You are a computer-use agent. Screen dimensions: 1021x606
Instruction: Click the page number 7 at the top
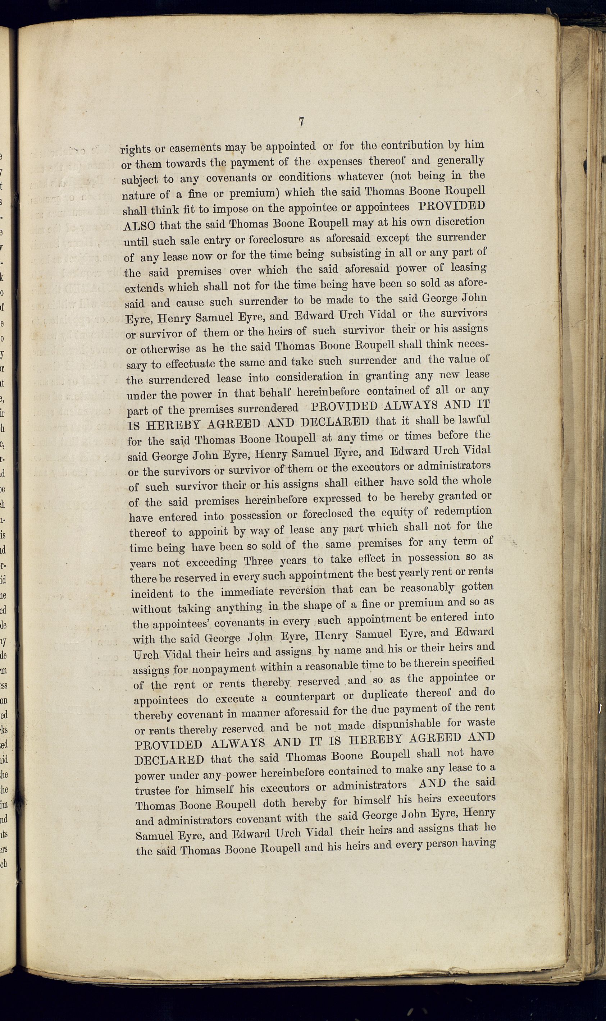click(301, 121)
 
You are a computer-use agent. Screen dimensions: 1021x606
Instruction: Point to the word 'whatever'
click(361, 177)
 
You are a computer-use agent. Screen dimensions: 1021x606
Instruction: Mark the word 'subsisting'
click(355, 254)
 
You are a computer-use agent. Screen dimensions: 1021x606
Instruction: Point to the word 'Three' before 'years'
click(258, 561)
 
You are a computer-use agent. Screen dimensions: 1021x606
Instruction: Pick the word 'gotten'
click(477, 587)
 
